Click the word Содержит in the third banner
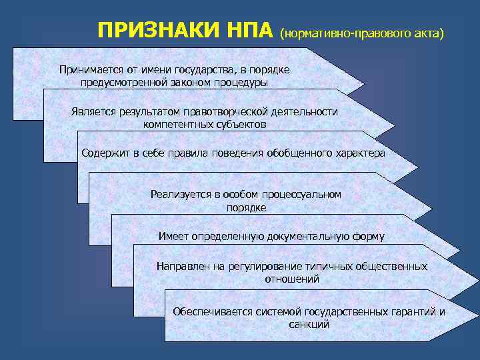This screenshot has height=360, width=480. (x=103, y=153)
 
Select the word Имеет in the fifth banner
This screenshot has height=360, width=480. (x=174, y=236)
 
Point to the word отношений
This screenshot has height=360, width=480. (x=292, y=279)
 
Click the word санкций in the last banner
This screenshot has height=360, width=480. (x=309, y=325)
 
